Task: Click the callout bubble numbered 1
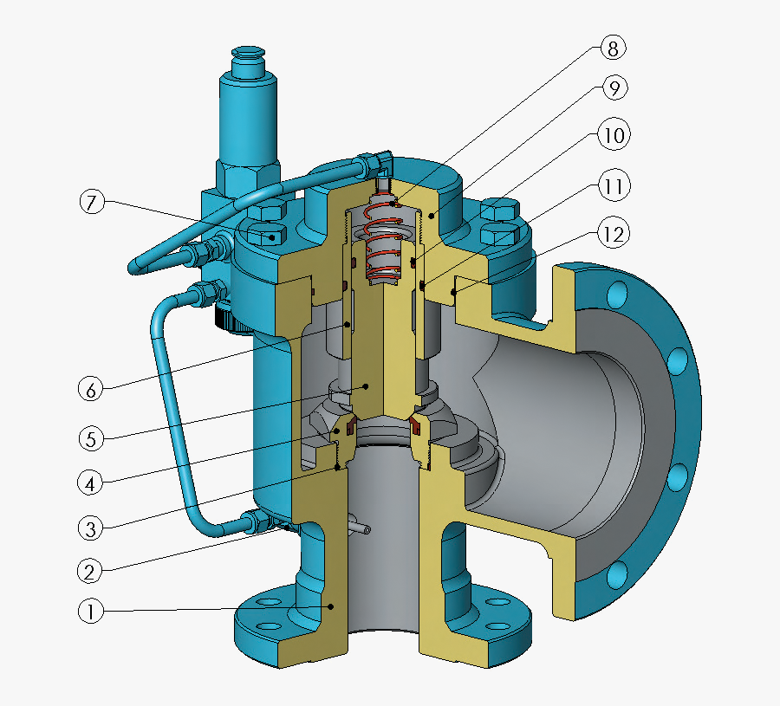pos(90,612)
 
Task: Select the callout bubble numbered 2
pos(90,571)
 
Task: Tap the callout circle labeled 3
pos(90,527)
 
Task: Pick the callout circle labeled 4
pos(90,483)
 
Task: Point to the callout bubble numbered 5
pos(90,438)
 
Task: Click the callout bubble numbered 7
pos(93,204)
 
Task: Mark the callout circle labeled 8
pos(612,49)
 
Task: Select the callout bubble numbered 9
pos(612,89)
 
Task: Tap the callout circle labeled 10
pos(612,136)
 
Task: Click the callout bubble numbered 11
pos(612,185)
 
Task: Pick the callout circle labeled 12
pos(612,234)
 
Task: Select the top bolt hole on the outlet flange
pos(617,293)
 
